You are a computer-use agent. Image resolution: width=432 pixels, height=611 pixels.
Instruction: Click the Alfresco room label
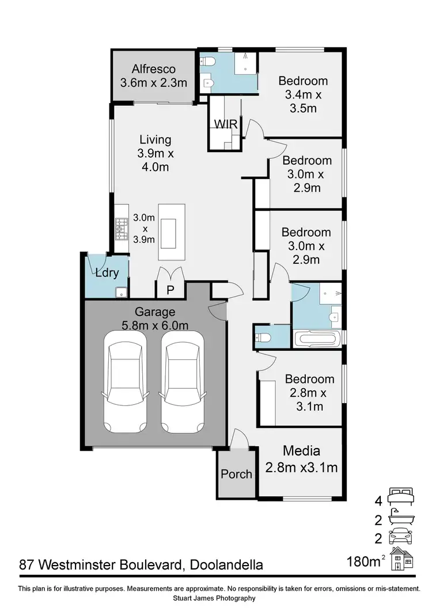coord(153,69)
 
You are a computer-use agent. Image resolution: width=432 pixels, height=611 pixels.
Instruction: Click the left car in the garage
coord(124,382)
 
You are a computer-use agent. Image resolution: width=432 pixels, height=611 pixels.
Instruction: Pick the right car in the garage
coord(182,382)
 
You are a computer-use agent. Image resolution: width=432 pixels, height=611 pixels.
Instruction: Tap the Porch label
coord(236,474)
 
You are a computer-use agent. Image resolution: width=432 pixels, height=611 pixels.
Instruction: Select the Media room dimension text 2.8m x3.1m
coord(301,468)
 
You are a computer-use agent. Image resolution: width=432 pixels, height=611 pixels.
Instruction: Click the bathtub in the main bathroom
coord(317,338)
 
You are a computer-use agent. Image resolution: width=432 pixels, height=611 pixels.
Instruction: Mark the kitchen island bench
coord(172,233)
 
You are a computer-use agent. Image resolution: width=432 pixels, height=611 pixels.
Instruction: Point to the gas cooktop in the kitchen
coord(121,229)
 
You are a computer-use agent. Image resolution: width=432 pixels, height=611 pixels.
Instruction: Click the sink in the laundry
coord(121,292)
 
